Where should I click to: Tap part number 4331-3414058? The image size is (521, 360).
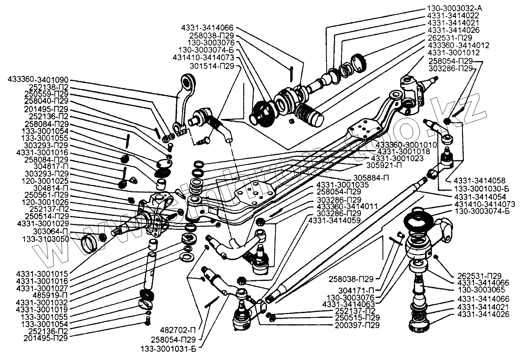[x=476, y=180]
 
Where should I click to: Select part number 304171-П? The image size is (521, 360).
[x=358, y=289]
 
